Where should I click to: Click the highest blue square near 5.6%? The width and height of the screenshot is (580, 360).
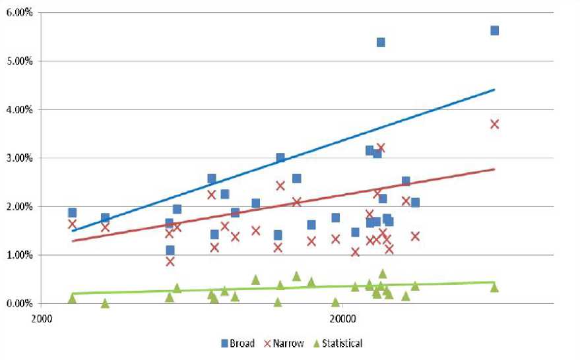coord(494,30)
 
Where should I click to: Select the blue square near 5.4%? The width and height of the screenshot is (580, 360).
coord(381,42)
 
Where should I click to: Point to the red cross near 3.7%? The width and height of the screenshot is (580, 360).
coord(494,124)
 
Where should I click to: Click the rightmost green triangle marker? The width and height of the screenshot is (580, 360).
coord(494,287)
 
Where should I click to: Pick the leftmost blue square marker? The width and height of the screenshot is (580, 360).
coord(72,212)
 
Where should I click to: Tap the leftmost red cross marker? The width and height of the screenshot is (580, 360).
coord(72,224)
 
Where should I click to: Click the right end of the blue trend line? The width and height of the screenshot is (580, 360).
coord(494,90)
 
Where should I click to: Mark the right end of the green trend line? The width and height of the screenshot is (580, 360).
coord(494,282)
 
